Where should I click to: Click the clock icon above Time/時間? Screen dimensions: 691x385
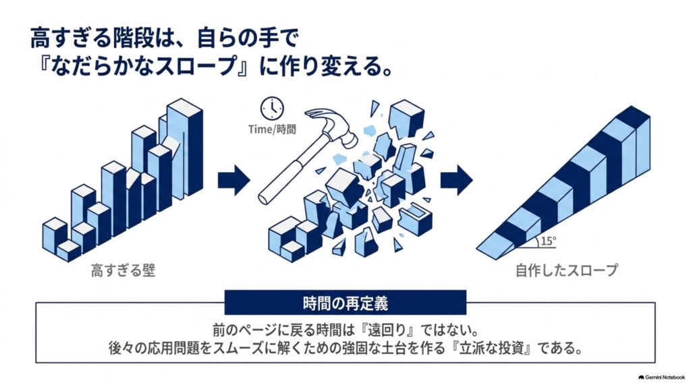272,108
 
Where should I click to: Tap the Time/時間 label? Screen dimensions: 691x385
272,129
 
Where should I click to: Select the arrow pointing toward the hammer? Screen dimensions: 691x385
234,180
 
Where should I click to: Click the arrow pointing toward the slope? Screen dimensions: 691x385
457,180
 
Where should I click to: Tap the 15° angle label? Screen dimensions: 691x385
548,241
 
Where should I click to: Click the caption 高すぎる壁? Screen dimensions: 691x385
123,270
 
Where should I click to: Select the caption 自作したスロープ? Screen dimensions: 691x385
567,270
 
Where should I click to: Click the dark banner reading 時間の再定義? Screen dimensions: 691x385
345,303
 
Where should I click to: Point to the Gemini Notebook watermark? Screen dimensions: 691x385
661,378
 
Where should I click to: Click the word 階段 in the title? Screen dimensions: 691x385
136,38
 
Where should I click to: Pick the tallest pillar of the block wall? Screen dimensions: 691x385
185,148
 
